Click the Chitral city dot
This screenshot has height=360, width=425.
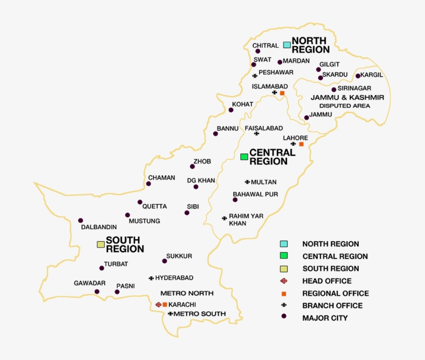tap(258, 51)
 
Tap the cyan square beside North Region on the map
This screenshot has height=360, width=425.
tap(287, 45)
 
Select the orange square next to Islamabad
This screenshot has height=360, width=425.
tap(282, 93)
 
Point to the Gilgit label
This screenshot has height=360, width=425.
tap(330, 64)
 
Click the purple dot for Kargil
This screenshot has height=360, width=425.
tap(358, 76)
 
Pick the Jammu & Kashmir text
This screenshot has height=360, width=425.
tap(347, 98)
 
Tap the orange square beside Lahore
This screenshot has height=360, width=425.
tap(301, 144)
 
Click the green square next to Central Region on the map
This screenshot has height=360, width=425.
tap(244, 157)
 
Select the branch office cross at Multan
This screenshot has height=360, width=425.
tap(247, 182)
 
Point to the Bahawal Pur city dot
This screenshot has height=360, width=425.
tap(235, 200)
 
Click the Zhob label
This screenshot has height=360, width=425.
tap(202, 161)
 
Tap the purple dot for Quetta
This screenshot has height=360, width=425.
tap(140, 202)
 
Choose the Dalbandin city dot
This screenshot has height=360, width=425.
tap(80, 220)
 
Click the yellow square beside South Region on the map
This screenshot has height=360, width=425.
tap(101, 244)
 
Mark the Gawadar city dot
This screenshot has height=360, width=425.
tap(97, 292)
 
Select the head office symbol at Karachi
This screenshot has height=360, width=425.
tap(159, 304)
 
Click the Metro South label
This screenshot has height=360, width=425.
tap(200, 314)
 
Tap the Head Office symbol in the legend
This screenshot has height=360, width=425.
tap(284, 281)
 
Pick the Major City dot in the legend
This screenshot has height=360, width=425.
tap(284, 317)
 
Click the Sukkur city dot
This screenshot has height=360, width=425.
tap(163, 261)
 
